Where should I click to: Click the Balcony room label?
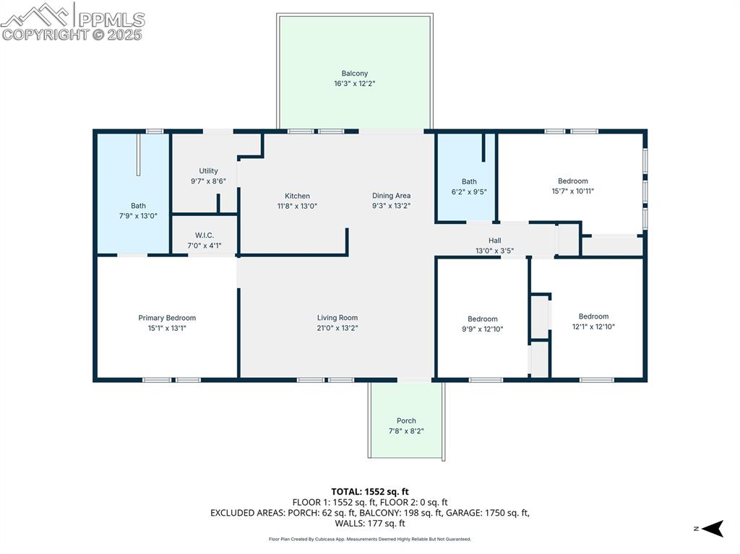click(x=354, y=73)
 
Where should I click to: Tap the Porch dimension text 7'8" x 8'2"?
click(x=406, y=431)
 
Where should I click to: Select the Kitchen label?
click(x=297, y=196)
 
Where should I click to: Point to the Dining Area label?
click(x=391, y=196)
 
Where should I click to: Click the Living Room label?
click(x=337, y=318)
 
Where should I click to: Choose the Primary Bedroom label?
click(x=167, y=318)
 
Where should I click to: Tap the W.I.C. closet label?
click(x=205, y=235)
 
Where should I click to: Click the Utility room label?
click(x=208, y=171)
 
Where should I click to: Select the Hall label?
click(x=494, y=241)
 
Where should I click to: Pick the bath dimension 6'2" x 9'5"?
click(x=469, y=192)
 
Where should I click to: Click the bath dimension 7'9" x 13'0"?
click(x=138, y=216)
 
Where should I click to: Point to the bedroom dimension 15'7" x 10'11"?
click(x=572, y=191)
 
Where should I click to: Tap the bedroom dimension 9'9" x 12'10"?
click(x=482, y=329)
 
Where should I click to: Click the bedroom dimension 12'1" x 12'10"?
click(x=593, y=326)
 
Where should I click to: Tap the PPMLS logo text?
click(x=111, y=20)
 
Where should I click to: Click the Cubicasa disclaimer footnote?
click(x=369, y=539)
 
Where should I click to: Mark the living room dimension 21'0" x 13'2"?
click(x=337, y=328)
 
